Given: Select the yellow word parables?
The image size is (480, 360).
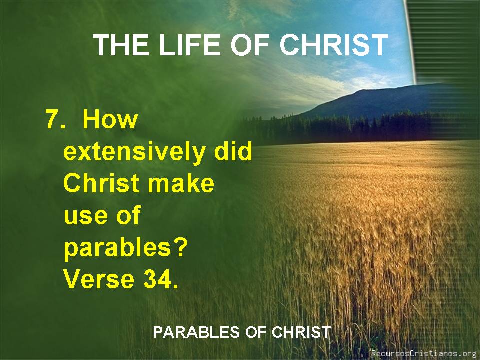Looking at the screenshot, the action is pyautogui.click(x=125, y=248).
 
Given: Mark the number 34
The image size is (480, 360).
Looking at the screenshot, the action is pyautogui.click(x=160, y=279).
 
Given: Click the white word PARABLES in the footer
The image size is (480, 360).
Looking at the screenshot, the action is pyautogui.click(x=196, y=332).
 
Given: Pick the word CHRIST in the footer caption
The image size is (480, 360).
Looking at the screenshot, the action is pyautogui.click(x=301, y=332).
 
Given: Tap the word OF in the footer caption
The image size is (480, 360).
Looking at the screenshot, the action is pyautogui.click(x=256, y=332).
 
